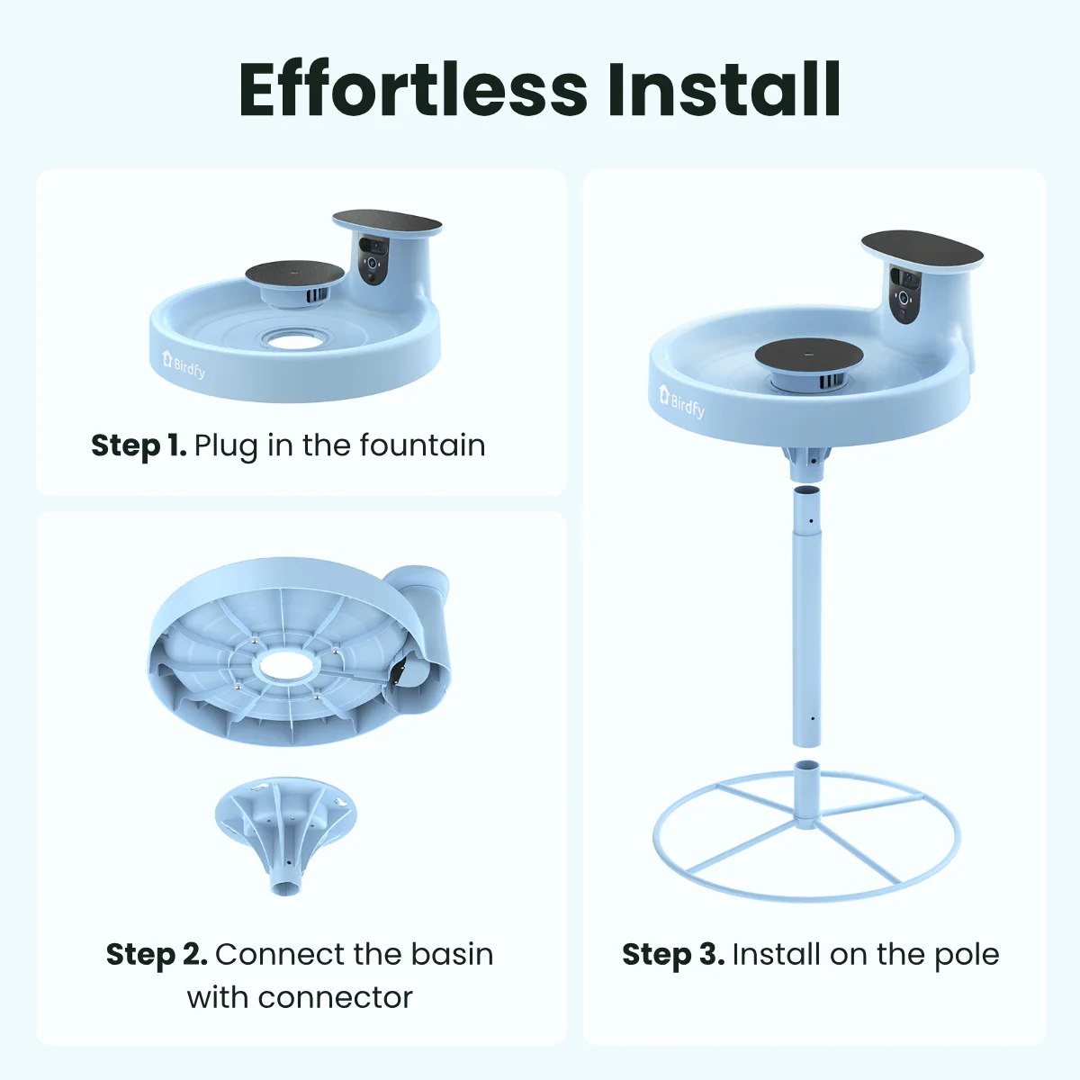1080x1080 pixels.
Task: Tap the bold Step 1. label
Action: [138, 445]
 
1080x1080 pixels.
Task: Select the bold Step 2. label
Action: [156, 954]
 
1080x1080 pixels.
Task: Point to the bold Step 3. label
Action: [672, 954]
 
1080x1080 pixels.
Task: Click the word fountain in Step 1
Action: [422, 445]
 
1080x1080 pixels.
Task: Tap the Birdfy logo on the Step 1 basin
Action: [184, 364]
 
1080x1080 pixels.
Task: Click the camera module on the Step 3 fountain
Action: [904, 292]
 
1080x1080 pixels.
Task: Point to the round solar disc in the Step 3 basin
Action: [808, 353]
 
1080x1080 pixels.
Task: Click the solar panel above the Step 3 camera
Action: [922, 249]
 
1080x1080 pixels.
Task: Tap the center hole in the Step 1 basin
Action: [296, 339]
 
